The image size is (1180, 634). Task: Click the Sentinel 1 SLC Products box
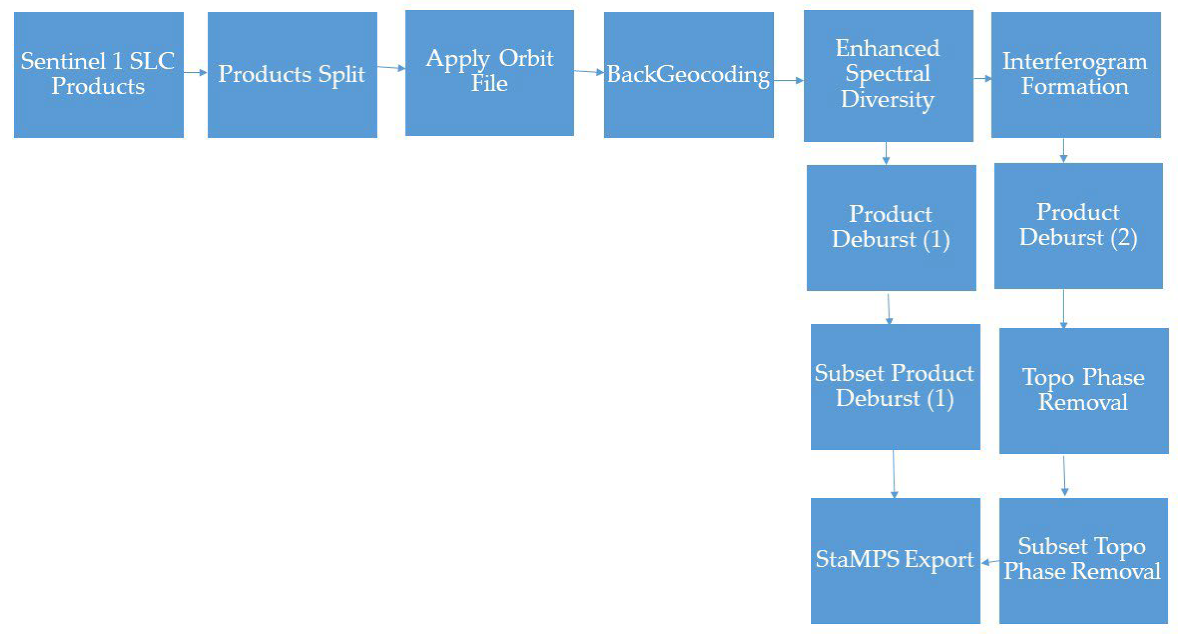point(98,75)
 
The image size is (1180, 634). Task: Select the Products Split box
point(292,75)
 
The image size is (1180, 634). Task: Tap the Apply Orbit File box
point(489,73)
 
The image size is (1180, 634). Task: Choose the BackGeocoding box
point(689,75)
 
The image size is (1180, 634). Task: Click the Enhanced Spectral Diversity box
point(888,76)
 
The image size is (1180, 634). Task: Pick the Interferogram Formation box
point(1076,75)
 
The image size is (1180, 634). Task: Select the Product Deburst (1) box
point(891,228)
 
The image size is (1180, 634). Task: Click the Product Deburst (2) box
point(1078,226)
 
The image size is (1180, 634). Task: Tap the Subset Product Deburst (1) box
point(895,387)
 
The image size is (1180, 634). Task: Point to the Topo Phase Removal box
point(1083,391)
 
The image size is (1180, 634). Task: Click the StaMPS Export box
point(895,560)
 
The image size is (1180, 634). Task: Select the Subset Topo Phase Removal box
point(1083,560)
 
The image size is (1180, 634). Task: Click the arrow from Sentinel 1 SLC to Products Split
point(196,73)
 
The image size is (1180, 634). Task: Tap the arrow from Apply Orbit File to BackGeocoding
point(589,71)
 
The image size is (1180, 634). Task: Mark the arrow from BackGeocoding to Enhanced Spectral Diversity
point(788,81)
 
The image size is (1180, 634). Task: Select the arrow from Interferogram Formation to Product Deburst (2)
point(1063,150)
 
